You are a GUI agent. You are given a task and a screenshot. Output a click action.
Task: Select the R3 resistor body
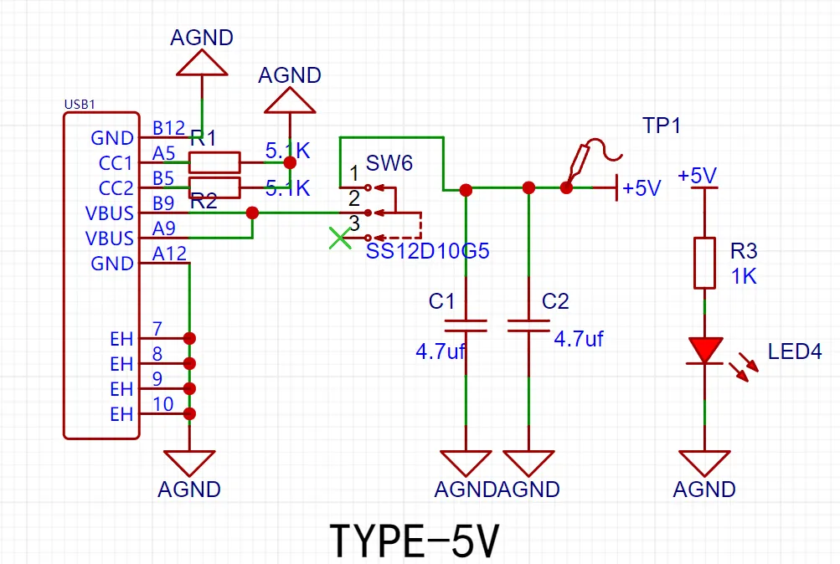(x=704, y=263)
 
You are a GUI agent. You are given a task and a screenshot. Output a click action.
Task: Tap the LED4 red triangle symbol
(x=704, y=350)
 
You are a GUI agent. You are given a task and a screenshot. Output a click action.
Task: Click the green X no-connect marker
(x=339, y=238)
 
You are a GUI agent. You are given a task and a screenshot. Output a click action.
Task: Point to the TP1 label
(x=662, y=126)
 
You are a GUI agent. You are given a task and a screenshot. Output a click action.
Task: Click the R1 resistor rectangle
(x=214, y=162)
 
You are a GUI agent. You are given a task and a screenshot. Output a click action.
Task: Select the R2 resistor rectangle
(x=214, y=187)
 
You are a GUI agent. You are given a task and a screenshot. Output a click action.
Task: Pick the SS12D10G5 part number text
(x=427, y=251)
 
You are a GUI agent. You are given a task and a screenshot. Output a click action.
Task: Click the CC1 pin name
(x=116, y=163)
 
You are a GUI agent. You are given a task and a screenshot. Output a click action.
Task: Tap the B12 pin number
(x=167, y=128)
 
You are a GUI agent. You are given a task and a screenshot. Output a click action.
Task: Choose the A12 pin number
(x=167, y=254)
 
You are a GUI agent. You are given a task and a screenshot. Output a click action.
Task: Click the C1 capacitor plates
(x=466, y=325)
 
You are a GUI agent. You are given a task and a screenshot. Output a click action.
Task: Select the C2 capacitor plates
(x=528, y=325)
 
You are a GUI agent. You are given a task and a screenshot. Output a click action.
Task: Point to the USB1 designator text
(x=80, y=105)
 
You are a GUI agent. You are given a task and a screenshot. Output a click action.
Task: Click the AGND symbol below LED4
(x=704, y=463)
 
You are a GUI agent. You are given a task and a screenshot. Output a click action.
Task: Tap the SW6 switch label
(x=389, y=163)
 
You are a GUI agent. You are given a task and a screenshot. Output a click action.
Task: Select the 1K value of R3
(x=744, y=276)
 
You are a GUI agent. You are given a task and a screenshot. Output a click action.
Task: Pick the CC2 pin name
(x=116, y=188)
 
